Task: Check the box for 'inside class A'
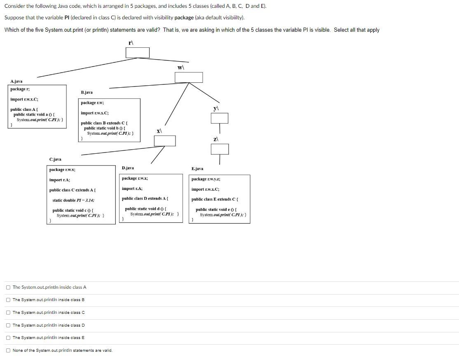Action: tap(8, 287)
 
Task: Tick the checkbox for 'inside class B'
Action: tap(8, 300)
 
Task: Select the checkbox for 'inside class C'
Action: tap(8, 313)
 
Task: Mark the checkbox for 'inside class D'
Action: tap(8, 325)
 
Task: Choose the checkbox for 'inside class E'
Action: tap(8, 338)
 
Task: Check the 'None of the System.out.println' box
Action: tap(8, 351)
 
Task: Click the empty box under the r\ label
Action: tap(137, 53)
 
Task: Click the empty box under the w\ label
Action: tap(189, 77)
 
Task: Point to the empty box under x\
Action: tap(164, 141)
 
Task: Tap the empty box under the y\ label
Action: tap(219, 118)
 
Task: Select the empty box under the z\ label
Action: tap(219, 149)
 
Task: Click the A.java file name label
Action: tap(16, 81)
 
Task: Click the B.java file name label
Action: tap(87, 92)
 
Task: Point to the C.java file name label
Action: tap(55, 159)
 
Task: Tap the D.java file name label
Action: tap(128, 168)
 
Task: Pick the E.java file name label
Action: tap(197, 168)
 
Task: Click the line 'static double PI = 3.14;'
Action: tap(73, 200)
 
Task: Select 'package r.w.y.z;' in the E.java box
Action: tap(206, 179)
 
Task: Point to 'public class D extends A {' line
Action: tap(145, 199)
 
